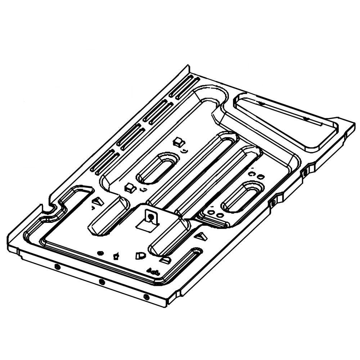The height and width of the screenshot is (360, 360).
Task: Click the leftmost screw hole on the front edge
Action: click(x=57, y=266)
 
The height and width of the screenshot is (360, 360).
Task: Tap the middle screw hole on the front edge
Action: click(x=102, y=282)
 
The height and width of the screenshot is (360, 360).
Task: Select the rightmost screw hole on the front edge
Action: click(x=146, y=297)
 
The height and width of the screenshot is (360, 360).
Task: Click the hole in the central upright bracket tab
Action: click(x=151, y=217)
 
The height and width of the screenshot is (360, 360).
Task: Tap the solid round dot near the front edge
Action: click(x=101, y=253)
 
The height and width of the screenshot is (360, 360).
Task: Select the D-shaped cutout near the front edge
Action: click(x=138, y=256)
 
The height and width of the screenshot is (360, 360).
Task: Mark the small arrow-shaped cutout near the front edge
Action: click(x=116, y=256)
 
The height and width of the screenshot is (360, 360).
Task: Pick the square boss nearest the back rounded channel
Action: click(x=178, y=141)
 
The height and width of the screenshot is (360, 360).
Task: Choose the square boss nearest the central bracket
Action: click(x=129, y=187)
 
